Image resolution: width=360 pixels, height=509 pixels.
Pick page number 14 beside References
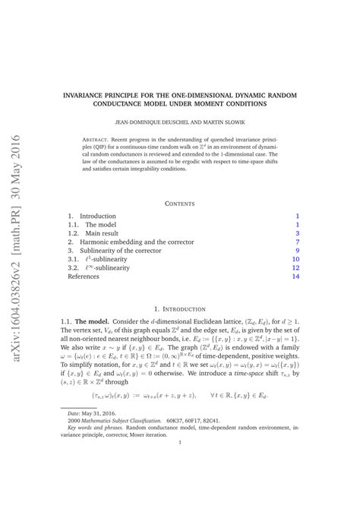point(296,277)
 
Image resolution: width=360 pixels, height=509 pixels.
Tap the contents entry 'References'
point(84,277)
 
